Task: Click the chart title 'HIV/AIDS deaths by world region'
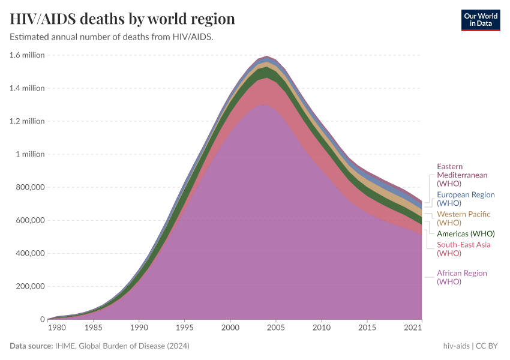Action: pyautogui.click(x=122, y=19)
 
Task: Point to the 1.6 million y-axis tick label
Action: pyautogui.click(x=27, y=55)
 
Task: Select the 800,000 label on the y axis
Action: pyautogui.click(x=28, y=187)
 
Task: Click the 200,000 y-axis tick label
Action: pyautogui.click(x=28, y=286)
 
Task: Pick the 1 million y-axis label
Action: pyautogui.click(x=29, y=154)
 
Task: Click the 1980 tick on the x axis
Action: pyautogui.click(x=56, y=328)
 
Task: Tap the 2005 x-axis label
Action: pyautogui.click(x=276, y=328)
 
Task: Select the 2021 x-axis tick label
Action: pyautogui.click(x=413, y=328)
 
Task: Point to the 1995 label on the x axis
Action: pyautogui.click(x=184, y=328)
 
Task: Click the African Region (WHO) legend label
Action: pyautogui.click(x=461, y=277)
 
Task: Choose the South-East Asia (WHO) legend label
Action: pyautogui.click(x=463, y=249)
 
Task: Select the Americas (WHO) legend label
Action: pyautogui.click(x=466, y=233)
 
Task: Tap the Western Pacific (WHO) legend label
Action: pyautogui.click(x=463, y=218)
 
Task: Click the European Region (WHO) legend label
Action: pyautogui.click(x=466, y=199)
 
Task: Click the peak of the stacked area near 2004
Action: pyautogui.click(x=266, y=56)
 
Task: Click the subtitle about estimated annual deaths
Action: pyautogui.click(x=112, y=37)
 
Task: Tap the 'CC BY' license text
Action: pyautogui.click(x=488, y=346)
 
